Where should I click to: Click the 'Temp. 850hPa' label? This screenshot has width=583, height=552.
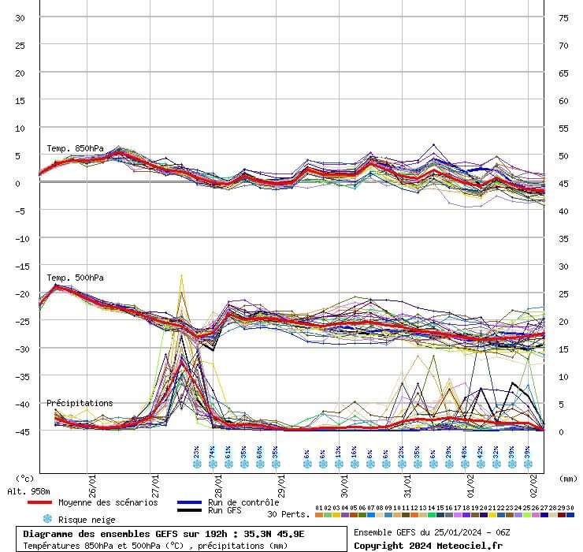[x=75, y=148]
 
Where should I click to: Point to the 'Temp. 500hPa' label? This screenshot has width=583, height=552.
[x=75, y=278]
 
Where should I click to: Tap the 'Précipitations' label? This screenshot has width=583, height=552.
[x=80, y=403]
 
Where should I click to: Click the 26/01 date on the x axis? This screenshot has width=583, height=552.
[x=93, y=479]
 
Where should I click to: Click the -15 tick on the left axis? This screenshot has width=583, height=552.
[x=21, y=266]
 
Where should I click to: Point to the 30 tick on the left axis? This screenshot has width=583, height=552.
[x=21, y=17]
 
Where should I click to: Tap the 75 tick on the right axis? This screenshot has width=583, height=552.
[x=563, y=17]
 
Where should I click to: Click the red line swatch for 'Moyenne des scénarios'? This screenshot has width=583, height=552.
[x=39, y=502]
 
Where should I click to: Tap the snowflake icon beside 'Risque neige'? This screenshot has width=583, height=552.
[x=47, y=519]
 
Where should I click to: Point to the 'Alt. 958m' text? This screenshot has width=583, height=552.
[x=29, y=491]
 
